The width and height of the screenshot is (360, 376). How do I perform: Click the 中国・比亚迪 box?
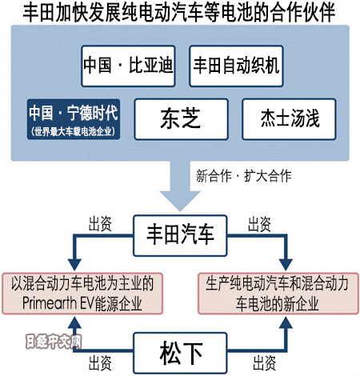tap(128, 66)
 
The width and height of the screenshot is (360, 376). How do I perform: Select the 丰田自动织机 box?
tap(236, 66)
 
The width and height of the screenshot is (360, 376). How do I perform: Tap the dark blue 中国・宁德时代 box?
tap(74, 119)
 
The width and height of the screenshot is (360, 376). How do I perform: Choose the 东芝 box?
tap(182, 119)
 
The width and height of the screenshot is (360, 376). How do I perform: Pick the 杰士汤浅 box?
tap(289, 119)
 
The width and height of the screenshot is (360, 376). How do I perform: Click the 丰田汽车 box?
tap(180, 236)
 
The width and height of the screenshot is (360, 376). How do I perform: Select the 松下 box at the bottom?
tap(180, 353)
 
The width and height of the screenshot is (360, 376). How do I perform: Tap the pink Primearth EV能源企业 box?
tap(82, 294)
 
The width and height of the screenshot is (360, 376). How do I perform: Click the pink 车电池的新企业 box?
tap(278, 294)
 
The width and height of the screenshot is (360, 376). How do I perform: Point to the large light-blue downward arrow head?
tap(180, 201)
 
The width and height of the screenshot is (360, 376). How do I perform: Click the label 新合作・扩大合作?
tap(244, 176)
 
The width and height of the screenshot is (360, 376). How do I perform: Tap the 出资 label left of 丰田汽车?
tap(100, 224)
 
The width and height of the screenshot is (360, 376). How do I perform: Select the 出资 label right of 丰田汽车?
tap(259, 224)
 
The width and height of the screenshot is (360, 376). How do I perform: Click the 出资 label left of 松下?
tap(100, 363)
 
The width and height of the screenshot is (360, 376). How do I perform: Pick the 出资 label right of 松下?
tap(264, 363)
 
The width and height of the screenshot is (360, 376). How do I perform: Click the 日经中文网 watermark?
tap(54, 342)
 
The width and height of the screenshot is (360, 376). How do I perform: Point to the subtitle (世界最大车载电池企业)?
tap(74, 131)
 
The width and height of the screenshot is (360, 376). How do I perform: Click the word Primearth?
tap(49, 303)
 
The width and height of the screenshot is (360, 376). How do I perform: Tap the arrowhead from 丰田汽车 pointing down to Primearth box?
tap(74, 265)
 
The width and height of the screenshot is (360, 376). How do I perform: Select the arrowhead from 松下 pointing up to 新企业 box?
tap(286, 322)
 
